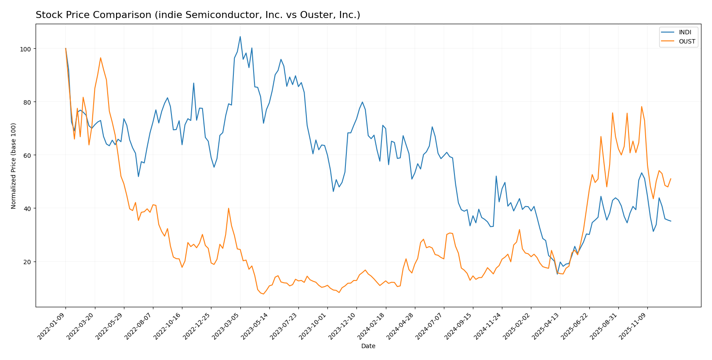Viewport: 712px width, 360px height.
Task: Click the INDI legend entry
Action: click(x=685, y=33)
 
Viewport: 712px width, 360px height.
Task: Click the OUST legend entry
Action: click(x=687, y=42)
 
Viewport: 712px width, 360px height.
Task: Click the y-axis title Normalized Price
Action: click(x=14, y=166)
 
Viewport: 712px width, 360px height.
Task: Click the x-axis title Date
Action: click(x=368, y=346)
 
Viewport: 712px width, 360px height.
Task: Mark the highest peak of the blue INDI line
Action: click(x=240, y=36)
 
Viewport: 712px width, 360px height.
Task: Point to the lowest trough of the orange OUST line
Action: click(x=263, y=294)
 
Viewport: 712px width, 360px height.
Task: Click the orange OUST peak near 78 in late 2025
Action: click(x=642, y=106)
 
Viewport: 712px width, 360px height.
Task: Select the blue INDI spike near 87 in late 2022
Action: click(x=193, y=83)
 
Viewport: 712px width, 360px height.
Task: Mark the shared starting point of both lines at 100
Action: click(x=65, y=48)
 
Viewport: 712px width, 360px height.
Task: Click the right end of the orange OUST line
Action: click(x=671, y=178)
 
